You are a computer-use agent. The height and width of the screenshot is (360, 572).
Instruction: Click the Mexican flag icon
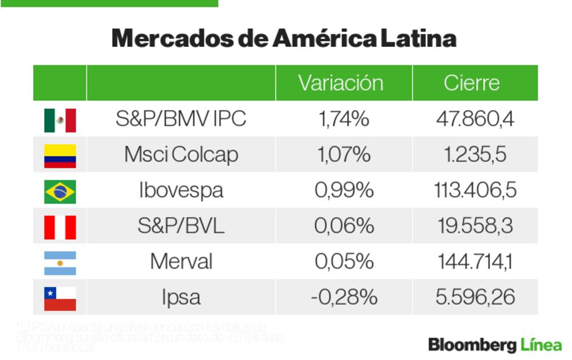[x=59, y=120]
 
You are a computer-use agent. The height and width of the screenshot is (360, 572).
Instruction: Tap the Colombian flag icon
[x=59, y=155]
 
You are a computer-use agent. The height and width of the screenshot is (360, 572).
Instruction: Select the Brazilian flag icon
[x=59, y=191]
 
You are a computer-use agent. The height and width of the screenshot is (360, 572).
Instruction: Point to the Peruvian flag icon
[x=59, y=227]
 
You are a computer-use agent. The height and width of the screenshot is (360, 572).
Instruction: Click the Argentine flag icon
[x=59, y=263]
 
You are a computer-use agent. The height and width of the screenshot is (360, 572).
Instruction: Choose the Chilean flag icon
[x=59, y=298]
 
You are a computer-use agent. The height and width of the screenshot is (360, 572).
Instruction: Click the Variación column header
[x=340, y=83]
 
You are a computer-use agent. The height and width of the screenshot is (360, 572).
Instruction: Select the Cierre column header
[x=471, y=83]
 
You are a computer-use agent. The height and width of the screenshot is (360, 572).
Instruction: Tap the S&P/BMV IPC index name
[x=181, y=119]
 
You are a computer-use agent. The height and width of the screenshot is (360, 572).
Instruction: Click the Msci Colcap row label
[x=181, y=155]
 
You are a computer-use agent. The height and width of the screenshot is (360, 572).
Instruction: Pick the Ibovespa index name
[x=181, y=191]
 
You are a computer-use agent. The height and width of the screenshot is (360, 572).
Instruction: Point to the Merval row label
[x=181, y=262]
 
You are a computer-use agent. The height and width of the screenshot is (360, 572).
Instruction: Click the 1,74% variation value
[x=343, y=119]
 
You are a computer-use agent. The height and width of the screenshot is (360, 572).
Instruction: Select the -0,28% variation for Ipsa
[x=343, y=298]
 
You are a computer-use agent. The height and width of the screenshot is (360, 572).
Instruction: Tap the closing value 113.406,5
[x=475, y=191]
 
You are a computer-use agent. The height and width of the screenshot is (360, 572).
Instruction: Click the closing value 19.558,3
[x=475, y=226]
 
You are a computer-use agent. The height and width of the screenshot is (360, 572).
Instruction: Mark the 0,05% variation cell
[x=343, y=262]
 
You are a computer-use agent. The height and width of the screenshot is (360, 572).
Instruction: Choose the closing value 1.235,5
[x=475, y=155]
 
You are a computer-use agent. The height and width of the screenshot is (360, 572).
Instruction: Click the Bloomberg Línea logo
[x=495, y=345]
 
